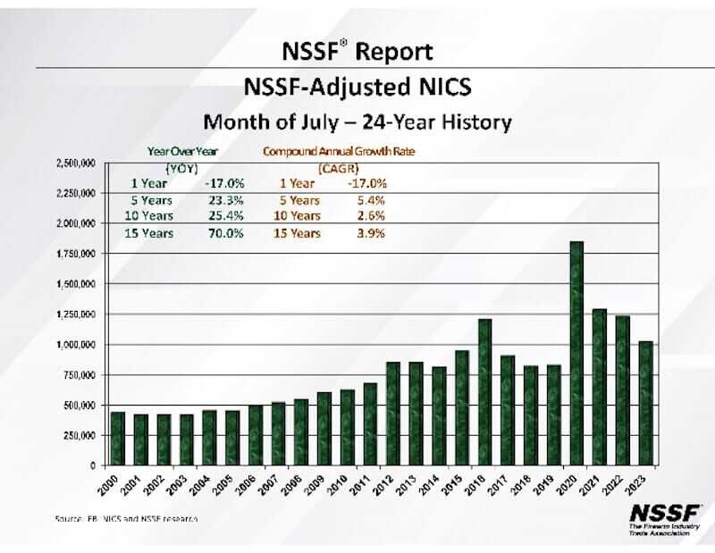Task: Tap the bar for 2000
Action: (x=118, y=438)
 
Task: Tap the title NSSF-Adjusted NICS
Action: (x=357, y=88)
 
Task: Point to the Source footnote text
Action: (x=125, y=518)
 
